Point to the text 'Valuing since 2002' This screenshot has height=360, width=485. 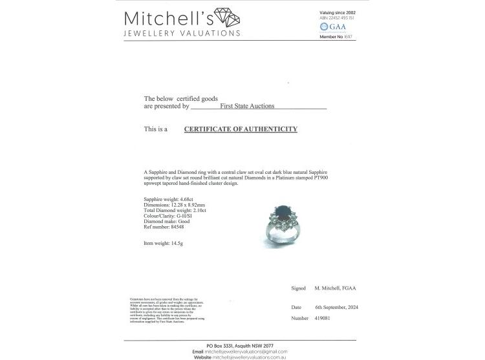(338, 12)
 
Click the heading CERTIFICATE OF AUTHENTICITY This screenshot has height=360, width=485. (241, 129)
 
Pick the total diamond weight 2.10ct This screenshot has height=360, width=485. (195, 211)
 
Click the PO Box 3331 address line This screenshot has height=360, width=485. (239, 346)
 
